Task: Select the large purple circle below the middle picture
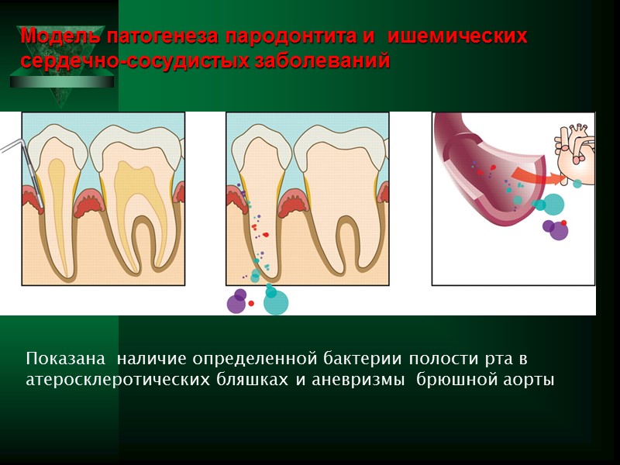[236, 302]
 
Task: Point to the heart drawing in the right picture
[575, 147]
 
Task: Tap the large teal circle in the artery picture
[553, 205]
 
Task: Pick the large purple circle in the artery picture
[558, 231]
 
